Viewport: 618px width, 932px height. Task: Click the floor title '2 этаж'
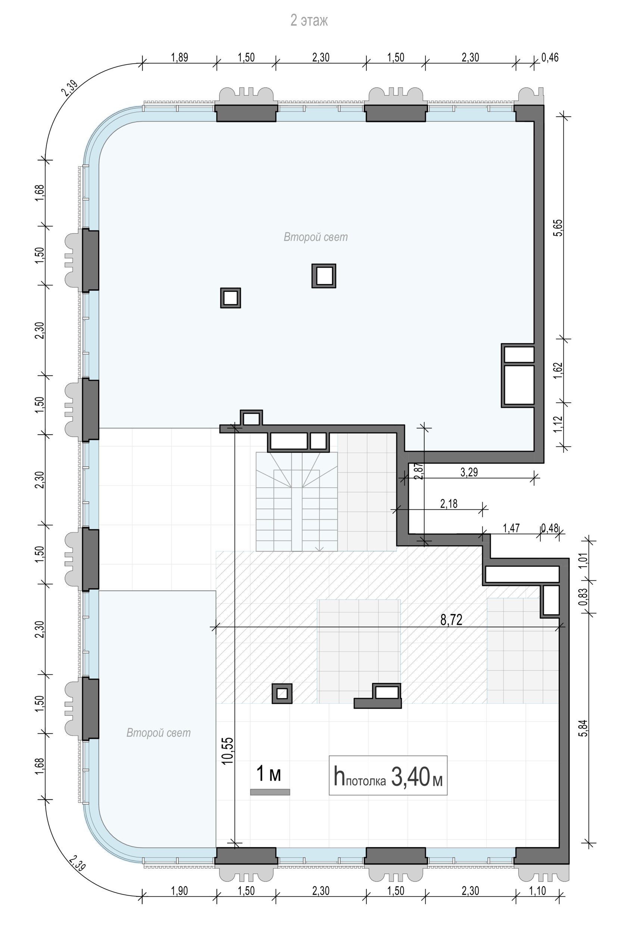[x=309, y=21]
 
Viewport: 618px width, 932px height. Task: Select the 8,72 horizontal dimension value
[x=451, y=620]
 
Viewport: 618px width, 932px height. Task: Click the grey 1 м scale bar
[x=270, y=792]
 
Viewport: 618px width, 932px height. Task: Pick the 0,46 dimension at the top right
[x=550, y=57]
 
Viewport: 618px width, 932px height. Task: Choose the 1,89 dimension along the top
[x=180, y=57]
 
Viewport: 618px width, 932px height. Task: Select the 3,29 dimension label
[x=469, y=472]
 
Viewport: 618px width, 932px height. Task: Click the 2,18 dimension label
[x=449, y=504]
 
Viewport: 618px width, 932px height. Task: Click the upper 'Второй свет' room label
[x=316, y=237]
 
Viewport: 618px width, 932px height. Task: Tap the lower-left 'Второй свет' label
[x=159, y=733]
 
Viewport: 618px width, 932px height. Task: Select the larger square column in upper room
[x=324, y=276]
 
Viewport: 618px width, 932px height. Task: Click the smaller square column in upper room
[x=231, y=297]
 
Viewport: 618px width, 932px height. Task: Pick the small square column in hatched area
[x=282, y=693]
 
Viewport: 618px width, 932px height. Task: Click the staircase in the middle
[x=297, y=502]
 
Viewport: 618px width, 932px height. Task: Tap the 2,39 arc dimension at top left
[x=69, y=89]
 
